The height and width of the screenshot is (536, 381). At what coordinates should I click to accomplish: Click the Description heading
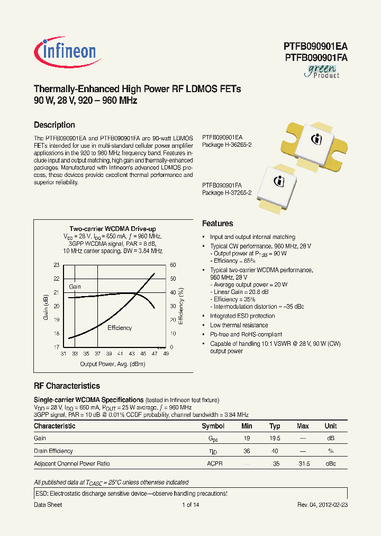tap(54, 125)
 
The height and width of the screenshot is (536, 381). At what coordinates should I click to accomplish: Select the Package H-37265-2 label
tap(226, 193)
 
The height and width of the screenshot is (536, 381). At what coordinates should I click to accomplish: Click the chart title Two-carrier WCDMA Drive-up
tap(113, 228)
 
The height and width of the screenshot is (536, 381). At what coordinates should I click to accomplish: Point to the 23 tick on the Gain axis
tap(57, 265)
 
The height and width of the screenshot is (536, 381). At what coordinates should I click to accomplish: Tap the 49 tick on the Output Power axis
tap(166, 353)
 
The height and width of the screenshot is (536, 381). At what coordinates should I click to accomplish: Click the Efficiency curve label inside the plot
tap(120, 328)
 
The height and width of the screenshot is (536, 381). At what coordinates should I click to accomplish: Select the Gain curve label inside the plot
tap(75, 287)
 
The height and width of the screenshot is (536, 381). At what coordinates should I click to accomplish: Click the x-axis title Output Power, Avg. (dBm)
tap(113, 364)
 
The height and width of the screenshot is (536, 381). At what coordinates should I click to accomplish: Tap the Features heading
tap(217, 224)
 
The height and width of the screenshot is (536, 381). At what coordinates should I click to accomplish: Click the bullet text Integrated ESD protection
tap(242, 316)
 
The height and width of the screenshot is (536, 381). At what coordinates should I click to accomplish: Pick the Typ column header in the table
tap(275, 426)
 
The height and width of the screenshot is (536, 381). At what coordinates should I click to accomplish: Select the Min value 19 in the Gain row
tap(247, 439)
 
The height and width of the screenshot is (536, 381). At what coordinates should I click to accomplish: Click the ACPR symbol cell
tap(215, 463)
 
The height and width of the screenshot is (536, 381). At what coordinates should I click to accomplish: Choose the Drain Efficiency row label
tap(53, 451)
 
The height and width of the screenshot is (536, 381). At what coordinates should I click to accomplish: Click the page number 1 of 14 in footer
tap(190, 505)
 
